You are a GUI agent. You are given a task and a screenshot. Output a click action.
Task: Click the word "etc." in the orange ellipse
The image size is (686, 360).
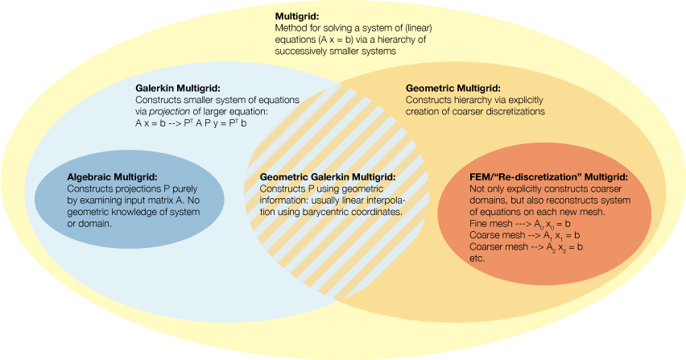477,259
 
